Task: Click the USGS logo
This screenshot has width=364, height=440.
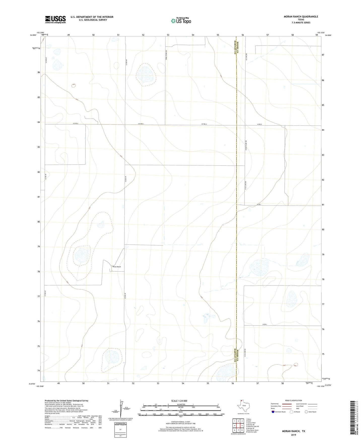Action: click(x=55, y=19)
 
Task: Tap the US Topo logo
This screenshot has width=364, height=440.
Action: click(x=181, y=21)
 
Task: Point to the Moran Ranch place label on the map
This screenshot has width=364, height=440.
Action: click(x=116, y=267)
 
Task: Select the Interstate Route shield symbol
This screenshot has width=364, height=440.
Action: click(x=273, y=412)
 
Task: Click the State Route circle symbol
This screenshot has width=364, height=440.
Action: click(x=306, y=412)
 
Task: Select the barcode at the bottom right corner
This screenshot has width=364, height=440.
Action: click(x=354, y=418)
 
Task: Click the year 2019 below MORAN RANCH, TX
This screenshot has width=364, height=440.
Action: click(x=293, y=435)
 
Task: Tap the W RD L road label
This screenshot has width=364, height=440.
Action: click(x=264, y=324)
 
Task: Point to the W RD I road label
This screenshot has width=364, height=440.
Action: click(x=260, y=204)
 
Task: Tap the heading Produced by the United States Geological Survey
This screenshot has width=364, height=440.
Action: click(x=67, y=401)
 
